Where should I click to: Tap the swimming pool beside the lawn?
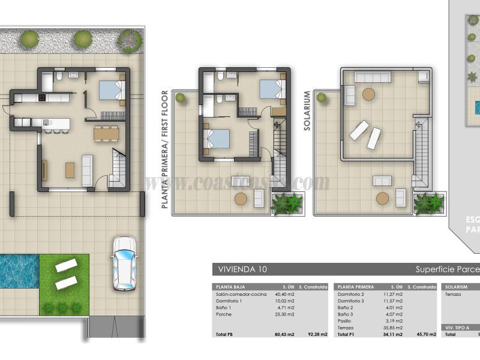(x=18, y=271)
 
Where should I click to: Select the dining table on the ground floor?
(x=106, y=133)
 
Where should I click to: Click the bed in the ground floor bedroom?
(x=110, y=90)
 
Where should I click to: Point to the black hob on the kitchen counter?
(x=43, y=98)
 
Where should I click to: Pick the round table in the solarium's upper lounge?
(x=368, y=94)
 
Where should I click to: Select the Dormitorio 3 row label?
(x=352, y=301)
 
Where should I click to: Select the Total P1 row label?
(x=346, y=334)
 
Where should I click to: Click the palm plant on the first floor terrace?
(x=287, y=204)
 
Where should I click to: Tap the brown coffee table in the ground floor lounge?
(x=70, y=170)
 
